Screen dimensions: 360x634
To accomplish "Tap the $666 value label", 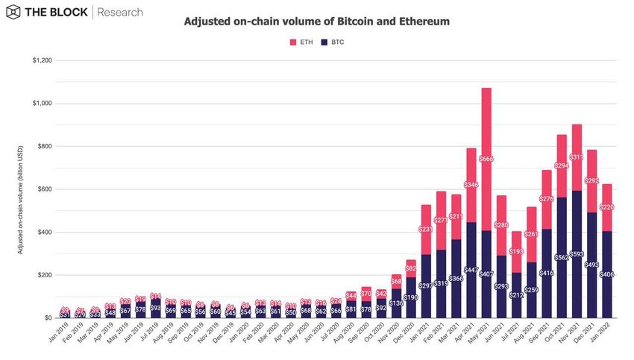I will [x=486, y=159].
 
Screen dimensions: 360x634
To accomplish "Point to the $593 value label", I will [x=577, y=254].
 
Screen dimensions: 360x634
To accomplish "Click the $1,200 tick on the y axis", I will [x=40, y=60].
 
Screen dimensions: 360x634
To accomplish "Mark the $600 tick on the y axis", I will [x=43, y=189].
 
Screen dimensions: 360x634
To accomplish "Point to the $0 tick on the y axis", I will [x=47, y=318].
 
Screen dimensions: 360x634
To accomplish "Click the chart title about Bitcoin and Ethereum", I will [x=316, y=22].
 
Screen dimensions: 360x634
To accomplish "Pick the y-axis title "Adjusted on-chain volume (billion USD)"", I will [x=21, y=189].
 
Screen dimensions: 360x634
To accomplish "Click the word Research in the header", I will [x=122, y=13].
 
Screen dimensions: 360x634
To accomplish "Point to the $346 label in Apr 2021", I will [x=471, y=183].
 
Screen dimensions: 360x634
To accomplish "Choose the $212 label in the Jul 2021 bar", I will [x=516, y=294].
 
